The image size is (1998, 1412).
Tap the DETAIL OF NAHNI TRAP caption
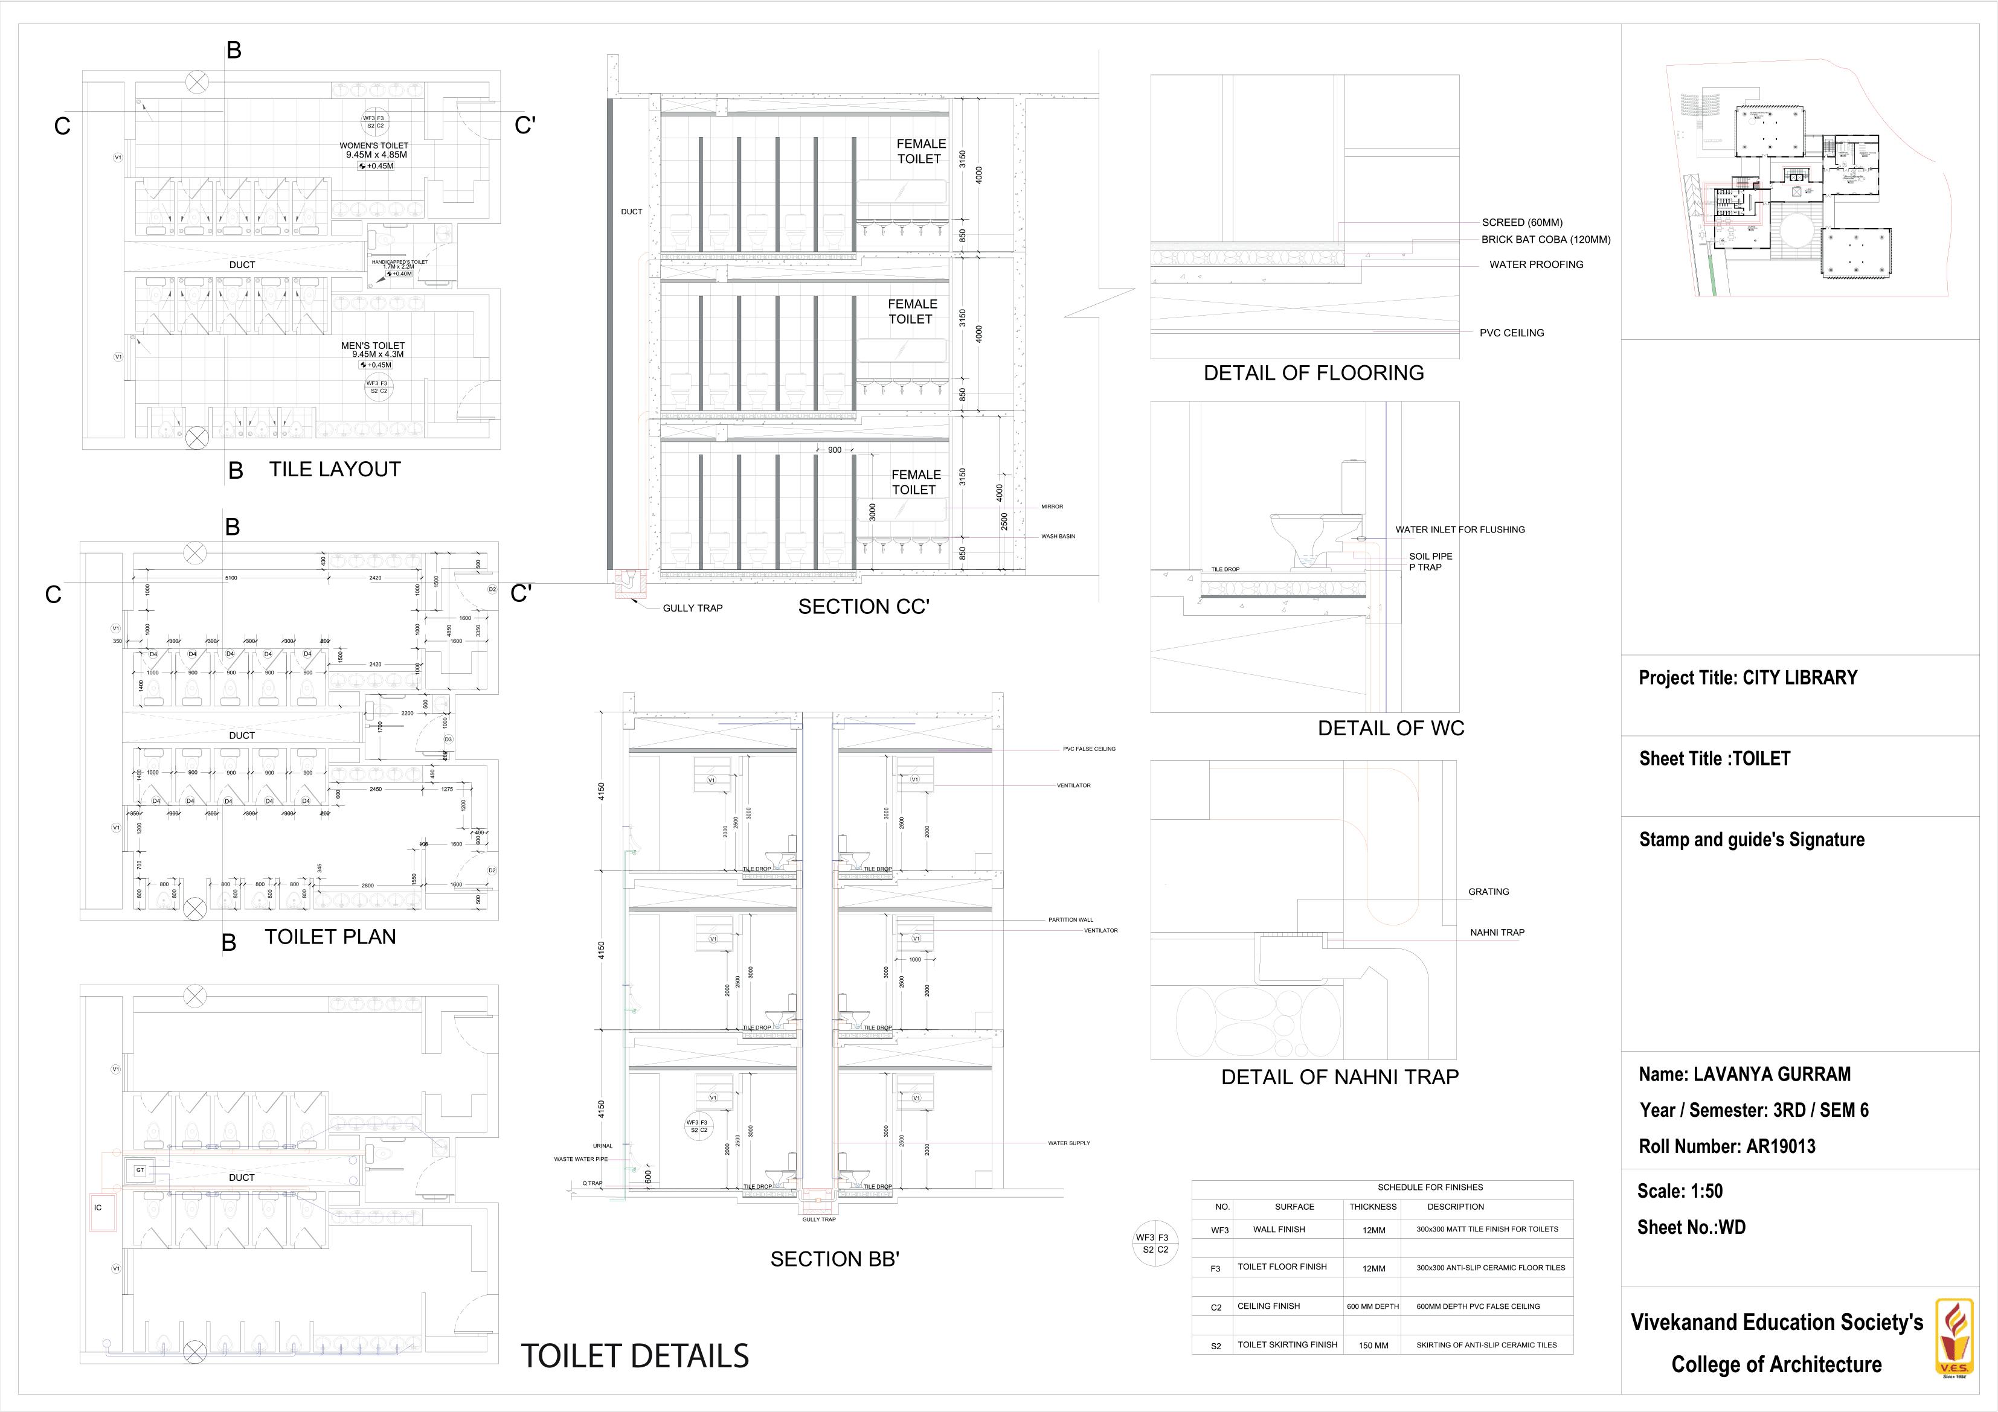1339,1077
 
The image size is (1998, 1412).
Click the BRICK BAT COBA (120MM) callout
1546,239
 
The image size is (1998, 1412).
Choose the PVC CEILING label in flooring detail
1512,333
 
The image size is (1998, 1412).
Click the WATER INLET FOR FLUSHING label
1459,529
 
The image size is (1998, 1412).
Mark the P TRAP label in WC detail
1425,567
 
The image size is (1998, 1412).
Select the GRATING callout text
1488,892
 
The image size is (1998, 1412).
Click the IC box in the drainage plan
98,1207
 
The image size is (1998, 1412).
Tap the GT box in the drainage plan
140,1170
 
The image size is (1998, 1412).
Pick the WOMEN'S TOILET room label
374,145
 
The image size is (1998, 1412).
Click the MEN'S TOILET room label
373,345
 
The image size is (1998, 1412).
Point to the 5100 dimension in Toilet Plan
231,578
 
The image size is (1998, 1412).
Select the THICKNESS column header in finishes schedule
1372,1207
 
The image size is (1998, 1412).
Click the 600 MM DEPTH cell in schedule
1372,1306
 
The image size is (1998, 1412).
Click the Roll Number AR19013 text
1726,1146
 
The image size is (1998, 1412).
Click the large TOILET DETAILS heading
634,1355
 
